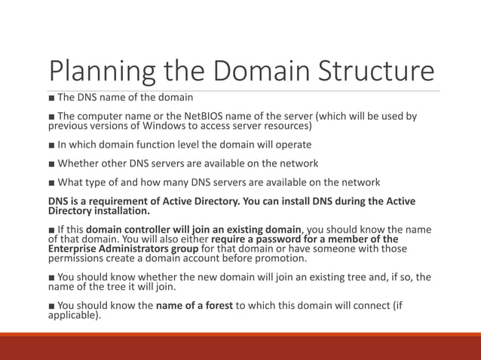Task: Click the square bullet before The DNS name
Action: click(x=51, y=98)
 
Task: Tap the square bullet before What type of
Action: click(x=51, y=182)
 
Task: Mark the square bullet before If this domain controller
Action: click(x=51, y=230)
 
